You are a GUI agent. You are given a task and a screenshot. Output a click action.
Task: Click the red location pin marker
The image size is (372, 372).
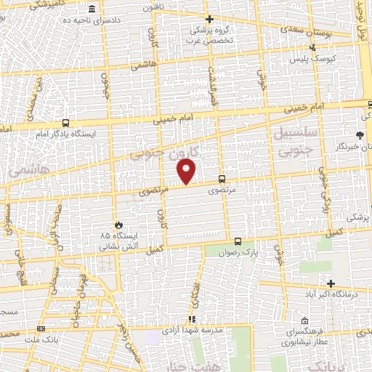coord(187,171)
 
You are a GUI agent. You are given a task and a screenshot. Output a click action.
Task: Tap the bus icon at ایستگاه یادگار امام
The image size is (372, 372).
coord(66,123)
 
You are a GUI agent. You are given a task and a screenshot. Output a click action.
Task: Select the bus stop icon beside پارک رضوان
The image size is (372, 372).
coord(238,242)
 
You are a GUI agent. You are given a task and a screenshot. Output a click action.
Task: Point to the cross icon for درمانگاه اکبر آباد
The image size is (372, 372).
coord(331,283)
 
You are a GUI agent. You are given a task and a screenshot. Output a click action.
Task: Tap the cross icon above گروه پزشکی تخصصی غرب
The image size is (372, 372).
coord(210,20)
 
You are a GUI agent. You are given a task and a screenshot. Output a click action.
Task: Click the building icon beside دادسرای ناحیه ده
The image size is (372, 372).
coord(92,10)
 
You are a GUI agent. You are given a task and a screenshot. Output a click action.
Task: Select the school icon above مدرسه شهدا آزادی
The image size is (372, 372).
coord(192,318)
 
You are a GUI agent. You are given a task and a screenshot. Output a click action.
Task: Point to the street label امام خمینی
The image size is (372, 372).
coord(176,116)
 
